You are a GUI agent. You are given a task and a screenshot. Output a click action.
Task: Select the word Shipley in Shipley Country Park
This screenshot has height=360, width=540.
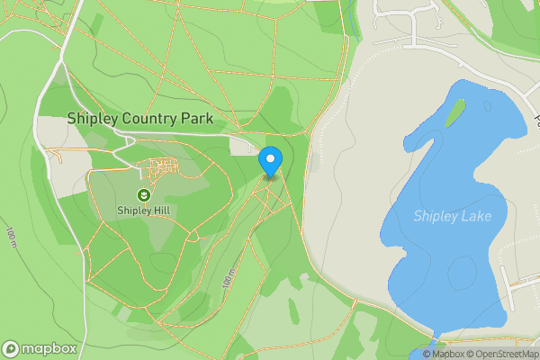click(x=89, y=119)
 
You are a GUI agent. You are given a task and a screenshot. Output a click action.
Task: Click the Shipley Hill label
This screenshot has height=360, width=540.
click(x=143, y=211)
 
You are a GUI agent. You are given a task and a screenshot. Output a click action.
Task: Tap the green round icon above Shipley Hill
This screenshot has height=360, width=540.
click(x=143, y=194)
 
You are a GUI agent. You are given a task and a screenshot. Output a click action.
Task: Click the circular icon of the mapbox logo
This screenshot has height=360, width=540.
click(x=12, y=348)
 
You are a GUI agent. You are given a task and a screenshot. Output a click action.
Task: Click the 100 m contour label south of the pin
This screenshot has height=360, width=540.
click(x=228, y=278)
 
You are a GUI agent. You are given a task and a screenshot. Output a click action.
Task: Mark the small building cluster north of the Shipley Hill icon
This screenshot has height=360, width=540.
click(x=163, y=166)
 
